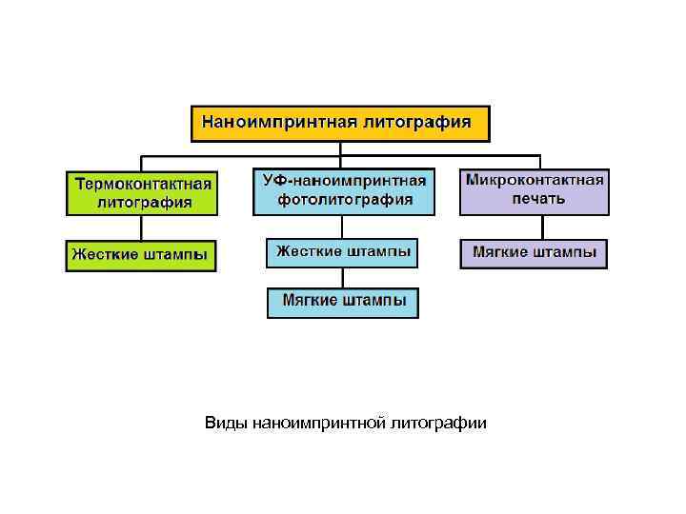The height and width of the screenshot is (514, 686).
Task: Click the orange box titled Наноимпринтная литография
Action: pyautogui.click(x=341, y=124)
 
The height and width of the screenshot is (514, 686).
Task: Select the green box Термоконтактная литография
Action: pyautogui.click(x=142, y=191)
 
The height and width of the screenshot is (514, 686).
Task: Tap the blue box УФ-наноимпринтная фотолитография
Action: pyautogui.click(x=344, y=190)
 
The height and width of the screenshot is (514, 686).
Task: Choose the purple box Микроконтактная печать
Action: pyautogui.click(x=535, y=190)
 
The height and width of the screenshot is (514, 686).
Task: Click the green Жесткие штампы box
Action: pyautogui.click(x=141, y=255)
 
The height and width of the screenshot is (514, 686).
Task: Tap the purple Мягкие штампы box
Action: pyautogui.click(x=534, y=253)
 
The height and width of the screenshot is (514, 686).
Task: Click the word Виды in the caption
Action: pyautogui.click(x=227, y=423)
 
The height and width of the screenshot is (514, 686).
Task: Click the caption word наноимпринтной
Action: pyautogui.click(x=319, y=423)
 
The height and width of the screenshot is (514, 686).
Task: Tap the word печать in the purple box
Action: pyautogui.click(x=535, y=199)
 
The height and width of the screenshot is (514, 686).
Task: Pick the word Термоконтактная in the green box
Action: pyautogui.click(x=142, y=183)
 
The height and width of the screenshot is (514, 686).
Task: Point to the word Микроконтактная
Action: pyautogui.click(x=535, y=181)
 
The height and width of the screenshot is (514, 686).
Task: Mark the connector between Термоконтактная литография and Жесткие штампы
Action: pyautogui.click(x=142, y=227)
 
